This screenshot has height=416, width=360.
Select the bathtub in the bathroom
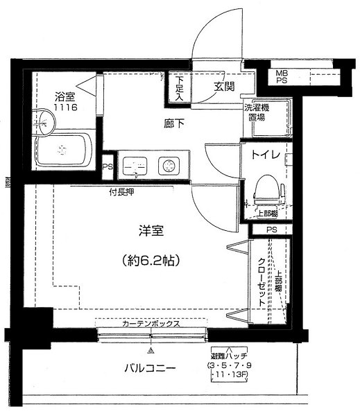tap(63, 148)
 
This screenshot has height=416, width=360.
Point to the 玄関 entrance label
tap(223, 86)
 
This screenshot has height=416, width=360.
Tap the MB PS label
tap(282, 76)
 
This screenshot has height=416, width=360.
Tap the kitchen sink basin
tap(132, 166)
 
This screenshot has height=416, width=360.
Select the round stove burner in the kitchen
tap(166, 166)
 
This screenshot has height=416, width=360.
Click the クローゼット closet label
tap(262, 284)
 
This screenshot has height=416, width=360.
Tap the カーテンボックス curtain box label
tap(152, 323)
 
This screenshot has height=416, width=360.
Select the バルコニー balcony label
tap(150, 368)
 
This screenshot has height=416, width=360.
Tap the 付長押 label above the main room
tap(121, 191)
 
